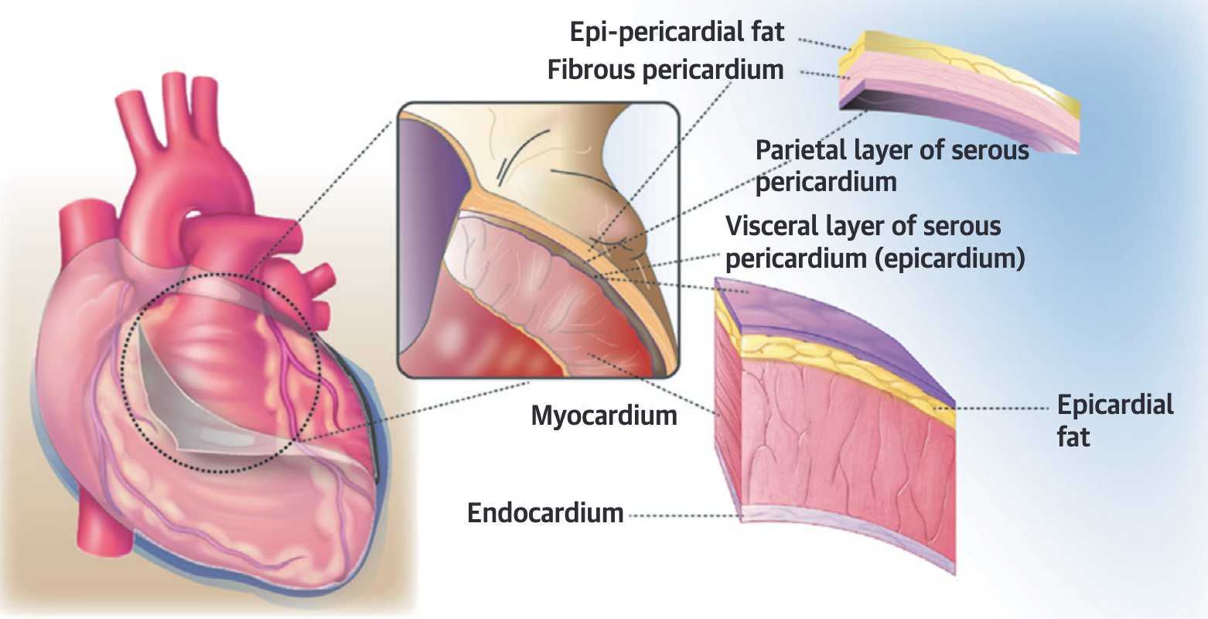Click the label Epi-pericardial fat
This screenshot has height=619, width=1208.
tap(677, 32)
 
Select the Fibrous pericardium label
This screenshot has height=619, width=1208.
tap(665, 70)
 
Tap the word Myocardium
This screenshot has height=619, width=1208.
tap(604, 416)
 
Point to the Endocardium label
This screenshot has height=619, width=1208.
tap(545, 513)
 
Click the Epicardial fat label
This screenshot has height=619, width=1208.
tap(1114, 420)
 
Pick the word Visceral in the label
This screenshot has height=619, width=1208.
tap(774, 227)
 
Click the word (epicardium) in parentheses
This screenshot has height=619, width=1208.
tap(950, 258)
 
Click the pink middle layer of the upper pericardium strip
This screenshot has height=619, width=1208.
tap(967, 93)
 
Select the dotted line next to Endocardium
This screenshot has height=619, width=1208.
tap(681, 514)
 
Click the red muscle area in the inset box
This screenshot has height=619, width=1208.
tap(464, 340)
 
